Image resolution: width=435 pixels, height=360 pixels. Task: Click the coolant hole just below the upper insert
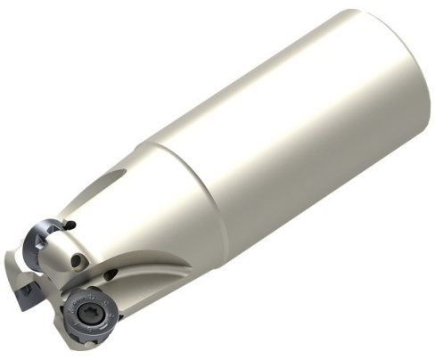point(78,260)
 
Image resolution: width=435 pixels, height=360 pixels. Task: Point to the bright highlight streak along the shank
point(267,98)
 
